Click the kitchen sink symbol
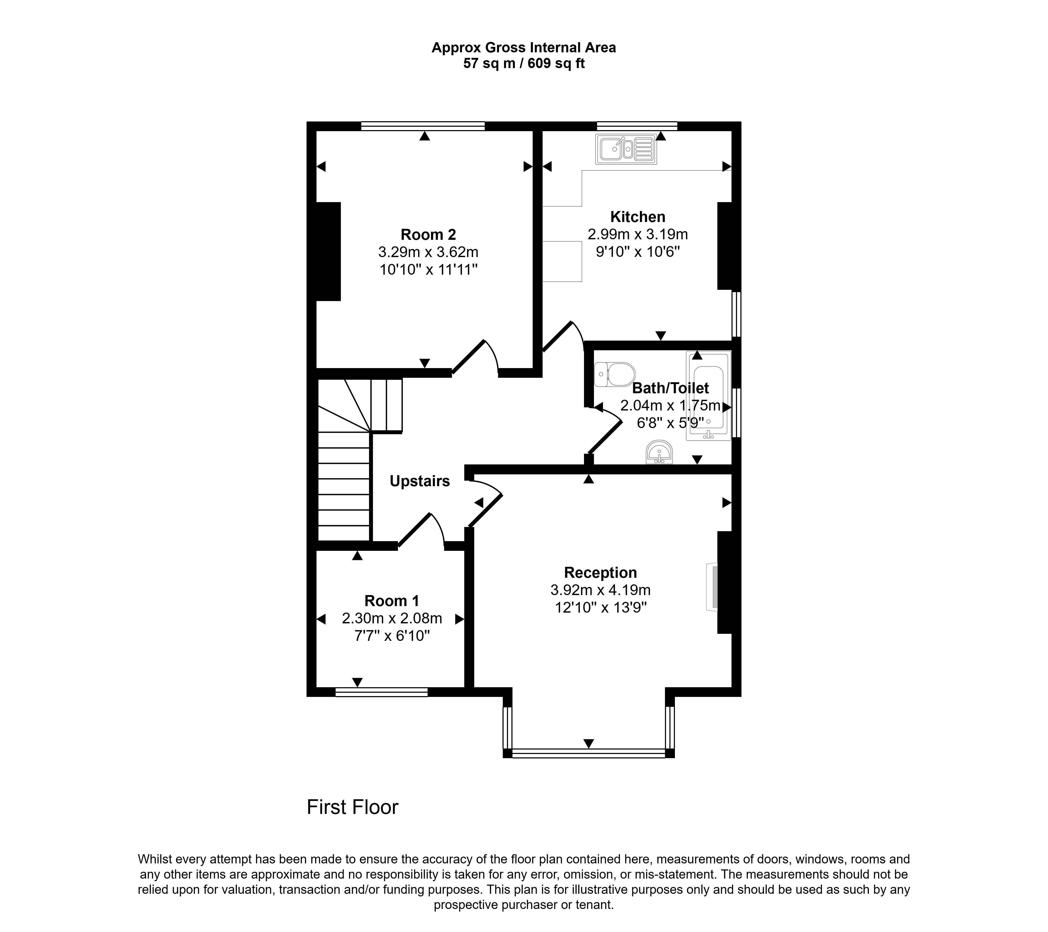626,149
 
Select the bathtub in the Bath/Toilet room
709,396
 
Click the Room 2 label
428,235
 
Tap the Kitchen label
638,217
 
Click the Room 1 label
392,601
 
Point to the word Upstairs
420,481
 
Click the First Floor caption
353,807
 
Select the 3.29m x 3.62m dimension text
428,252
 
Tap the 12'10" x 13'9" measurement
601,608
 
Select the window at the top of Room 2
423,126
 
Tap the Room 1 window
381,692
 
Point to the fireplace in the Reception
712,587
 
